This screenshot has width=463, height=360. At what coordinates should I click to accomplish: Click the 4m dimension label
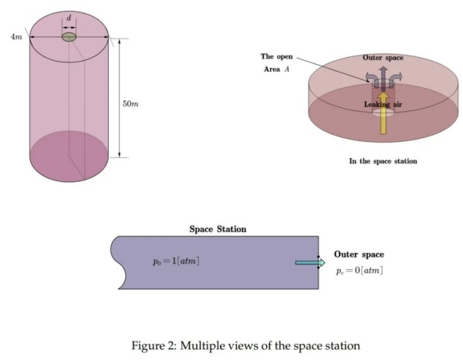point(16,37)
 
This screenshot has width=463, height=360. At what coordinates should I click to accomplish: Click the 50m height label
point(131,103)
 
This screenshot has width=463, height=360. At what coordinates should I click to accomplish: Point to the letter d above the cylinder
point(69,16)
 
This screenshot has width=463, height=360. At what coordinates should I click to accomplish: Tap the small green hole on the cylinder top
point(69,37)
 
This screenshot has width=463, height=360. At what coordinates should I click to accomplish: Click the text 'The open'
point(276,56)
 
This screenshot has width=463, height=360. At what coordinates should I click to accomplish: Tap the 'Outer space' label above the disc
point(383,58)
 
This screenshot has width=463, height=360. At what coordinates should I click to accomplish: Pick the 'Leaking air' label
point(383,104)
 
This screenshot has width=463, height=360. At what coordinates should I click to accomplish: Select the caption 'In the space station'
point(383,161)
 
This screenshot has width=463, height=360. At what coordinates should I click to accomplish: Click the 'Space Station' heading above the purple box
point(218,229)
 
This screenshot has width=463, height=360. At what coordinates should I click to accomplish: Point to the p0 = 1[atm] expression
point(176,261)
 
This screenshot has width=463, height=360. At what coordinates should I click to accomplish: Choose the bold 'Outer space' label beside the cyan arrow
point(359,254)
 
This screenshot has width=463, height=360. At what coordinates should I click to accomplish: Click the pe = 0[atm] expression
point(360,271)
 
